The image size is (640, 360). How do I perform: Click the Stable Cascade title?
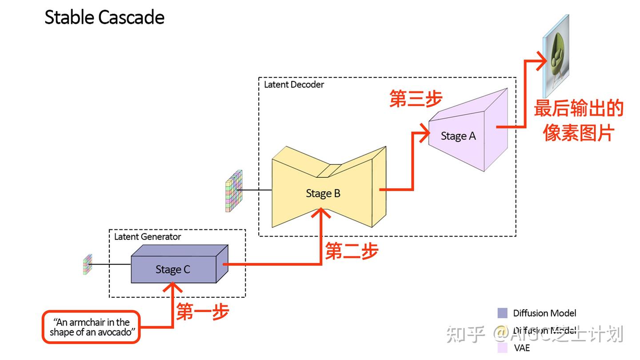104,17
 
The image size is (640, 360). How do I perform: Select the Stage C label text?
172,269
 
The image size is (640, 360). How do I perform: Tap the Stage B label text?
323,193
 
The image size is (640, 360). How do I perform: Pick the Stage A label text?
458,136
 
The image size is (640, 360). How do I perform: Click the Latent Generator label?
148,237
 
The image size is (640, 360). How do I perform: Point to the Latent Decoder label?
294,84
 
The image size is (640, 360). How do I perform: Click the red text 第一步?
203,312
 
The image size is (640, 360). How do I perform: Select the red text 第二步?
352,251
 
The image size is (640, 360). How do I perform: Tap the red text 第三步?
416,99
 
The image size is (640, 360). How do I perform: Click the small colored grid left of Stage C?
87,264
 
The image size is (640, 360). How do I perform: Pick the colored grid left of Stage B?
234,191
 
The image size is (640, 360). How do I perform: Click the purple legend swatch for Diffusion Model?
502,313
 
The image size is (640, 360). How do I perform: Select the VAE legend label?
522,348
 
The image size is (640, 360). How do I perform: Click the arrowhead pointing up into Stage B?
322,214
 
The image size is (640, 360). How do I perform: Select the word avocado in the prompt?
116,332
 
